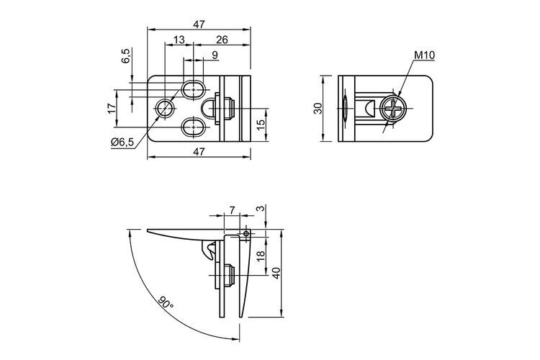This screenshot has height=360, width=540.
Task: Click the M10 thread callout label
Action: pyautogui.click(x=424, y=55)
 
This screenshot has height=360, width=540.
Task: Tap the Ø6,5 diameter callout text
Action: pyautogui.click(x=122, y=142)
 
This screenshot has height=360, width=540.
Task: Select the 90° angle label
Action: pyautogui.click(x=166, y=302)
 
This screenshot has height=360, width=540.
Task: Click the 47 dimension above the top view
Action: pyautogui.click(x=199, y=24)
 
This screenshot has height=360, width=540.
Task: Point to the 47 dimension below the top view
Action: pyautogui.click(x=199, y=151)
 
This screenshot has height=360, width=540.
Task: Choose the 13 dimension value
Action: pyautogui.click(x=179, y=40)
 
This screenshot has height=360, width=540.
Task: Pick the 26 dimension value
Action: pyautogui.click(x=222, y=40)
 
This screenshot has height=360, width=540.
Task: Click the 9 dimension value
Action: pyautogui.click(x=215, y=55)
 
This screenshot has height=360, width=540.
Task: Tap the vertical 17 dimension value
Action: pyautogui.click(x=111, y=108)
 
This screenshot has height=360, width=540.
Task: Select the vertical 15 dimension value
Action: pyautogui.click(x=261, y=125)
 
